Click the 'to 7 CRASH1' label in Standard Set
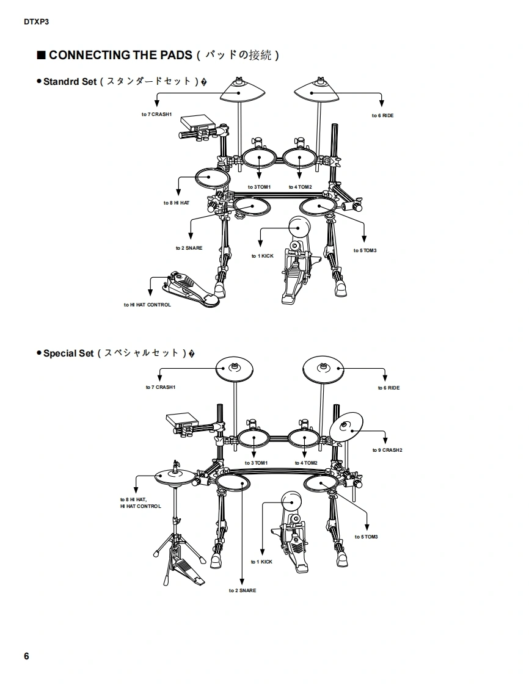[x=156, y=114]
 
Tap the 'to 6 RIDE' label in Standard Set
[x=382, y=116]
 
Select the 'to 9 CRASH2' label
[x=387, y=450]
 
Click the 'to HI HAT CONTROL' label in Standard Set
[x=147, y=305]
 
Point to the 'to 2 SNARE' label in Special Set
[x=243, y=590]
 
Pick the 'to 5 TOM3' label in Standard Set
[x=365, y=251]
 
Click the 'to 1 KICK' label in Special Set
[x=261, y=562]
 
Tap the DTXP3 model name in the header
[x=36, y=22]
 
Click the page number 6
[x=27, y=656]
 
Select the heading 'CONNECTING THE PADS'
[x=120, y=55]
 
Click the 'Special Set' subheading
[x=68, y=353]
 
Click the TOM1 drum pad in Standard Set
[x=259, y=158]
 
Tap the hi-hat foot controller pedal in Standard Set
[x=191, y=289]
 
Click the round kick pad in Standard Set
[x=299, y=227]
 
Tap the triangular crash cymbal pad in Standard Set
[x=243, y=92]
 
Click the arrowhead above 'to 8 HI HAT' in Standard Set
[x=178, y=192]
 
